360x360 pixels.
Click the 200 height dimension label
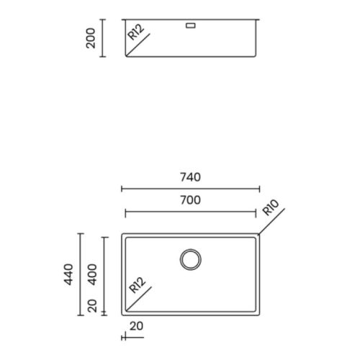click(91, 37)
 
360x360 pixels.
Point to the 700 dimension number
click(190, 201)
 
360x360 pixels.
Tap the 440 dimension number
click(69, 273)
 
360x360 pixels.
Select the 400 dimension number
click(92, 273)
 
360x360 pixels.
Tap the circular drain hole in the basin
click(191, 259)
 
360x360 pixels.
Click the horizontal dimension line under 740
click(190, 189)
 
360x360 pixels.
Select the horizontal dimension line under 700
click(190, 212)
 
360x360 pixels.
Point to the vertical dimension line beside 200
click(103, 37)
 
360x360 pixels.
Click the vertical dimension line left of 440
click(80, 274)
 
